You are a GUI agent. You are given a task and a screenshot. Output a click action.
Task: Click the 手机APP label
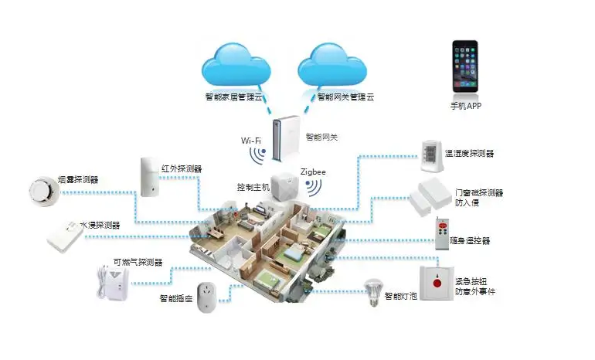tap(466, 106)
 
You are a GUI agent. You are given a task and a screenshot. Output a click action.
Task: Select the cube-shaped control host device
tap(284, 186)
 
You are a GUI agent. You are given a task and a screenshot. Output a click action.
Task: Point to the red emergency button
tap(437, 284)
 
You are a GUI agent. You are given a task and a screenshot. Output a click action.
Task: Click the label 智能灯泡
tap(402, 297)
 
